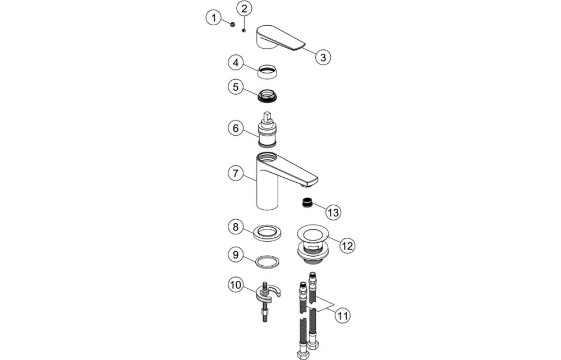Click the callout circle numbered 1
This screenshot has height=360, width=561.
[213, 19]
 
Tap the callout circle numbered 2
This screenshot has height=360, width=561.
[245, 8]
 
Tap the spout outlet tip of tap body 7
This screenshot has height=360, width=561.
[311, 183]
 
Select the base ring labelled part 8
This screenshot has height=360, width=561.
[268, 232]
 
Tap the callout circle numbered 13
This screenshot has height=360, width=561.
[333, 212]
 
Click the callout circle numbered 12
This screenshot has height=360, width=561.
[348, 244]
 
